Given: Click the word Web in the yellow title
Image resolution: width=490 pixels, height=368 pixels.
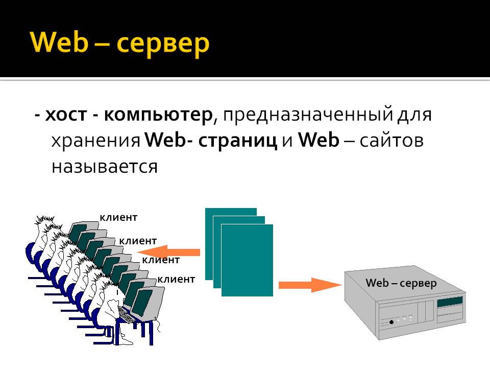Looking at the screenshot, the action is [x=59, y=42].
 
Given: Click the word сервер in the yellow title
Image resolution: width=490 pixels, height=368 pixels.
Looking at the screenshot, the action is [x=162, y=45].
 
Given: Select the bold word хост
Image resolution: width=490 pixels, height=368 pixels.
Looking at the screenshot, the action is [x=66, y=115].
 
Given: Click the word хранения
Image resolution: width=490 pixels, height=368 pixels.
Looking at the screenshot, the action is [x=95, y=142].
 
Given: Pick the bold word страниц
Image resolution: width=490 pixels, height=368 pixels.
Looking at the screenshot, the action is [x=237, y=141].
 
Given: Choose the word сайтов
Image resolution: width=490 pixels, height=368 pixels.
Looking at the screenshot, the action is [x=391, y=141].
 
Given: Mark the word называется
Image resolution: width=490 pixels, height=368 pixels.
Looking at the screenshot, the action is [x=105, y=167].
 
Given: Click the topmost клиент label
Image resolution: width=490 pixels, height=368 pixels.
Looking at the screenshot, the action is [x=118, y=218].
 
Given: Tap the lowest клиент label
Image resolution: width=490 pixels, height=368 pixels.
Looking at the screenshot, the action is [x=176, y=279].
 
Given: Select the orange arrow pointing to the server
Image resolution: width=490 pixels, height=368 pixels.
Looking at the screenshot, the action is [x=310, y=285].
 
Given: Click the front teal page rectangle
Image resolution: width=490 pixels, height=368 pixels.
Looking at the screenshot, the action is [x=247, y=260].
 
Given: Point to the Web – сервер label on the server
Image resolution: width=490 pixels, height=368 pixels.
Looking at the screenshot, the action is [x=401, y=283].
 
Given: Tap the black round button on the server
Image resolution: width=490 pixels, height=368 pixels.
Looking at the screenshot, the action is [x=391, y=322].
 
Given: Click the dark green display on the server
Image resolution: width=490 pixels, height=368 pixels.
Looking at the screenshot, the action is [x=450, y=302].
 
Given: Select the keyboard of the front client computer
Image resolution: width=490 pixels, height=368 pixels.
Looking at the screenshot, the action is [x=127, y=314].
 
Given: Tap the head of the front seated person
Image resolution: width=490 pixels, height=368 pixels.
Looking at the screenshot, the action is [x=112, y=297].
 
